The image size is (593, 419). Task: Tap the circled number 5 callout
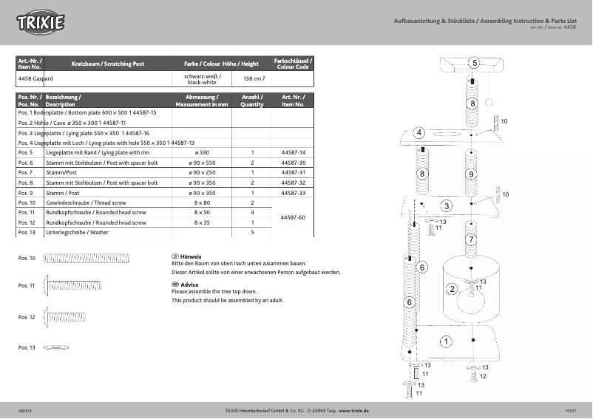point(474,63)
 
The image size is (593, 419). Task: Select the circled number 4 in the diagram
point(419,132)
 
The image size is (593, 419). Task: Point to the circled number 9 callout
point(471,174)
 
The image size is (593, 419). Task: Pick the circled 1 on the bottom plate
point(446,341)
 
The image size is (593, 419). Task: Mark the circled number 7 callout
point(471,240)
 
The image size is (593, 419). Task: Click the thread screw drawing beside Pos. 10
point(87,258)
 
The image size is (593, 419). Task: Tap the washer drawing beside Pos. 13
point(56,347)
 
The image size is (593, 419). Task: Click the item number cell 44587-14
point(294,152)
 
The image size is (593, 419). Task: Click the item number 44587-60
point(294,217)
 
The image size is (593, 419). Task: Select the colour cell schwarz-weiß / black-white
point(203,80)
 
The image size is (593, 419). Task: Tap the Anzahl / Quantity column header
point(252,101)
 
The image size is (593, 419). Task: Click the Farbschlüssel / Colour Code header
point(293,64)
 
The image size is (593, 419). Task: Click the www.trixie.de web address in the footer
point(354,409)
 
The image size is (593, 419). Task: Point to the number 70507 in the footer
point(569,409)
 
